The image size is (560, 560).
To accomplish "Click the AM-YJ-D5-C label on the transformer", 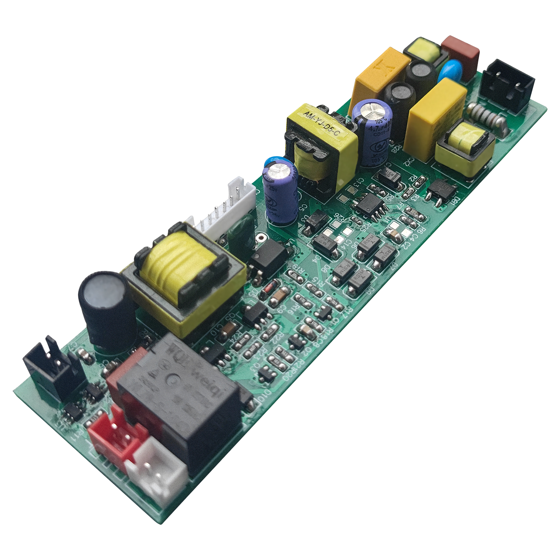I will (x=321, y=124).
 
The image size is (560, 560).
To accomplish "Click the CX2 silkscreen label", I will (x=410, y=162).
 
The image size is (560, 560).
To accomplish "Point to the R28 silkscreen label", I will (x=397, y=149).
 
